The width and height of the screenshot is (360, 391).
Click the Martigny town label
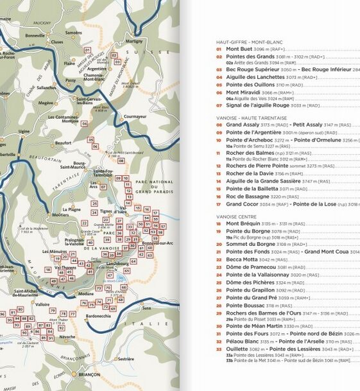134,40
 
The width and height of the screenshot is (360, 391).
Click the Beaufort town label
63,143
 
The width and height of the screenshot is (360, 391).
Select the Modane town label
85,292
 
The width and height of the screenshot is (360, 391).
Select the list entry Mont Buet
239,49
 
